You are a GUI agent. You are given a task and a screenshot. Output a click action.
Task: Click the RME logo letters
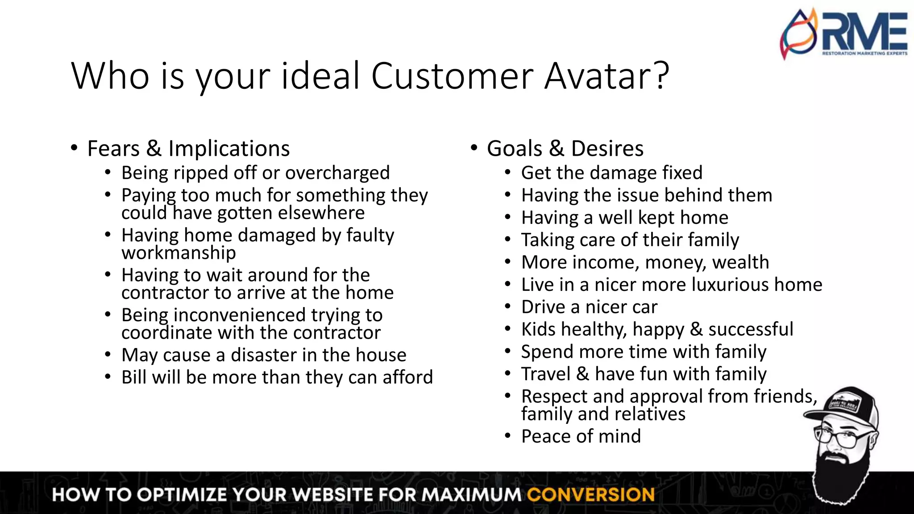tap(864, 32)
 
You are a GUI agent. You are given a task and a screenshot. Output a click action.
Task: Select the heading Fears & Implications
tap(188, 149)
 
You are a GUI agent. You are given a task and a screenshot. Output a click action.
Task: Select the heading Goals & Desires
tap(565, 149)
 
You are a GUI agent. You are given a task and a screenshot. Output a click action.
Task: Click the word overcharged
tap(337, 173)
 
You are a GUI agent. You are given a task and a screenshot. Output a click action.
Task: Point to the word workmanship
tap(179, 253)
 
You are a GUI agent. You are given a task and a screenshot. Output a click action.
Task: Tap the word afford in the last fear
tap(407, 377)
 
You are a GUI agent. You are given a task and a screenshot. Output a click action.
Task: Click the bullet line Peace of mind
tap(581, 436)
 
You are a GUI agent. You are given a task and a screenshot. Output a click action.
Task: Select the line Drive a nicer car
tap(589, 307)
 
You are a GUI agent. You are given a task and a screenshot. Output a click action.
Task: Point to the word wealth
tap(741, 262)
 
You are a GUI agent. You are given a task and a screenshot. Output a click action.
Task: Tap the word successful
tap(751, 329)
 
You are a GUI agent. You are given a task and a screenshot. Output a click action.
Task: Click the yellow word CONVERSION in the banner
tap(590, 495)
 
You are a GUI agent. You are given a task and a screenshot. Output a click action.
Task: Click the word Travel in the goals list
tap(545, 374)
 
